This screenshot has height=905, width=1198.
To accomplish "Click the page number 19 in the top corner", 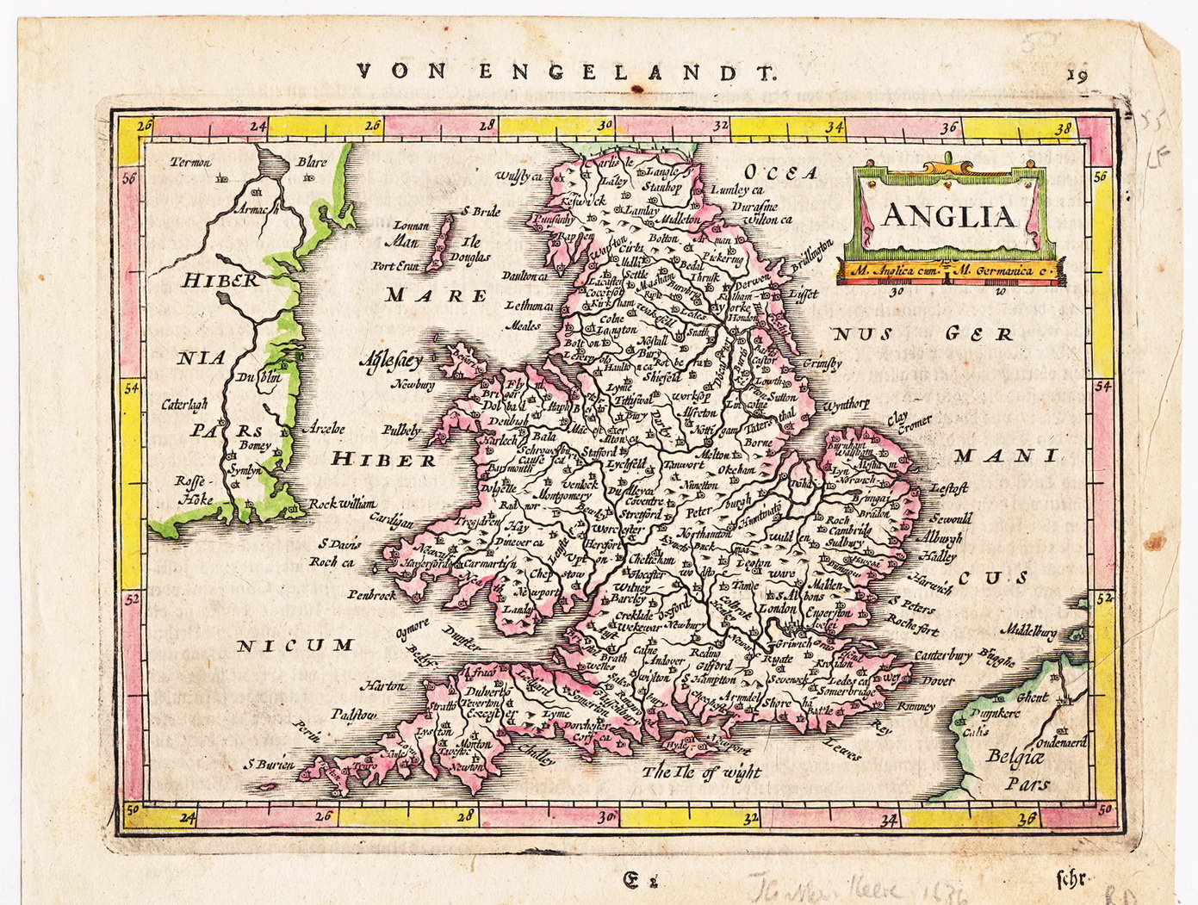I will (x=1077, y=75).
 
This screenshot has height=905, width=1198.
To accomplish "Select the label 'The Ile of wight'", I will (x=701, y=772).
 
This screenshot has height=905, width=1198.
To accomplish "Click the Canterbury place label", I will (x=942, y=656).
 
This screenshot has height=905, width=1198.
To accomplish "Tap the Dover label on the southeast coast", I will (x=938, y=680).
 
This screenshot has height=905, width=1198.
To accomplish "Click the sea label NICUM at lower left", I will (x=295, y=645).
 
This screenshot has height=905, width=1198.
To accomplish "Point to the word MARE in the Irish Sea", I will (x=436, y=295).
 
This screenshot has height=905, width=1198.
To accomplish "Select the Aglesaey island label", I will (x=391, y=361).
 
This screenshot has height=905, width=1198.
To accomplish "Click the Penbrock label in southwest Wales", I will (x=372, y=594).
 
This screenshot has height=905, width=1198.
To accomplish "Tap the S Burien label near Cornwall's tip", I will (x=269, y=764).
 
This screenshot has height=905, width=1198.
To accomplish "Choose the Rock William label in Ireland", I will (x=343, y=504).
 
